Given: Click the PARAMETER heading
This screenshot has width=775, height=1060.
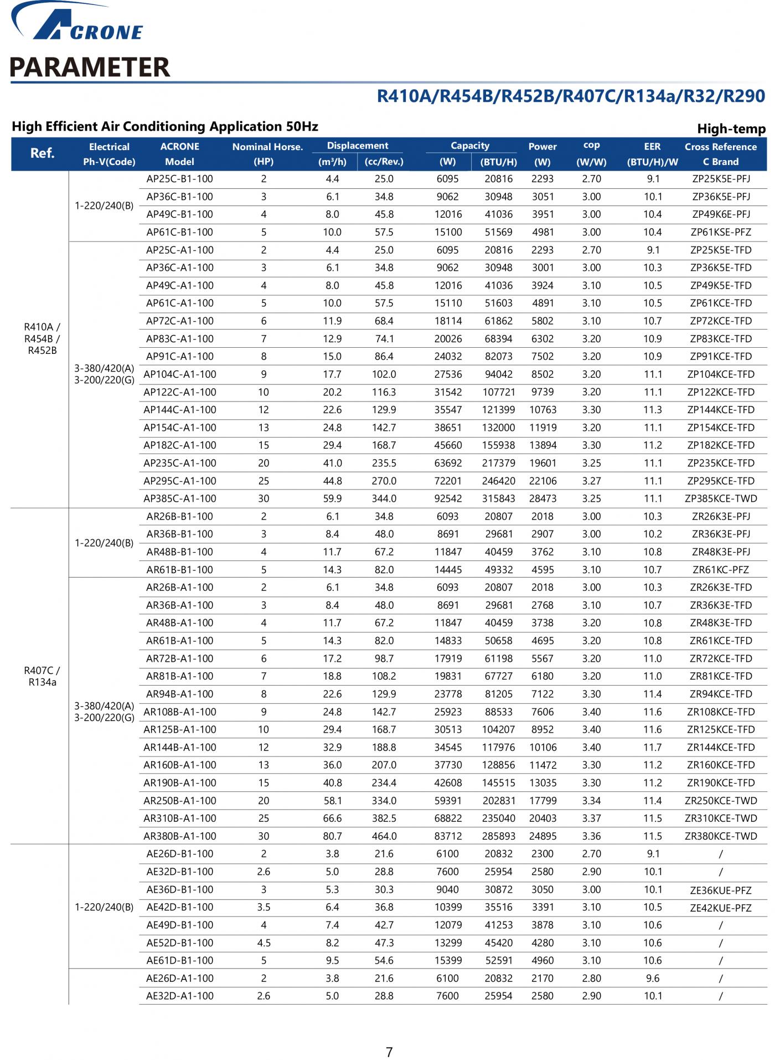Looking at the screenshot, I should tap(90, 67).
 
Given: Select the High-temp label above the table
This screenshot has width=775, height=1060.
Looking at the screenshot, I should tap(731, 129).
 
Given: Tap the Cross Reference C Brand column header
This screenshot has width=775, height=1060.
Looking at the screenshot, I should tap(720, 154).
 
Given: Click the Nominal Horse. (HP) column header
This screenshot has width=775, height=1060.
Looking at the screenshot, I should tap(267, 154).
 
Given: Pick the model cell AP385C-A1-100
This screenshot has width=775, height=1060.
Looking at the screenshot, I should tap(180, 498).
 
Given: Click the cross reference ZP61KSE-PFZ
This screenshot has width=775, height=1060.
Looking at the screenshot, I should tap(721, 232).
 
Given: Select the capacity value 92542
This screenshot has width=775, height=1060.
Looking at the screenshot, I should tap(448, 498).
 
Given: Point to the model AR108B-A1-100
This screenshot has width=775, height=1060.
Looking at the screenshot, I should tap(180, 712).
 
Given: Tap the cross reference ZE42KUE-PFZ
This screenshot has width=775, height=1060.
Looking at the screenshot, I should tap(721, 908).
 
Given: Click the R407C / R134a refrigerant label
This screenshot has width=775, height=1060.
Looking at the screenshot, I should tap(42, 676).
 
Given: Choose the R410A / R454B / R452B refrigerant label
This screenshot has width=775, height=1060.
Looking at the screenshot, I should tap(42, 338).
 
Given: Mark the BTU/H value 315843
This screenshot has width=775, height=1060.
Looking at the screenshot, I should tap(498, 498).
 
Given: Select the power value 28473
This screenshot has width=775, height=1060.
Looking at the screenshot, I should tap(542, 498).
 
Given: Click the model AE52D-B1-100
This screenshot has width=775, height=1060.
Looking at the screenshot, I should tap(180, 943).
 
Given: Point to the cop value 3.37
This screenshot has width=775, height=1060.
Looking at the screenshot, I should tap(591, 818).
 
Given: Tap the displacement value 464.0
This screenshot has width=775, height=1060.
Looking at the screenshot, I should tap(384, 836).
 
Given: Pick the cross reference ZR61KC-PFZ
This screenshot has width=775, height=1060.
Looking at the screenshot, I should tap(721, 569).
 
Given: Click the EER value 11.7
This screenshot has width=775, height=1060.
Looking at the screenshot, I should tap(653, 747).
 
